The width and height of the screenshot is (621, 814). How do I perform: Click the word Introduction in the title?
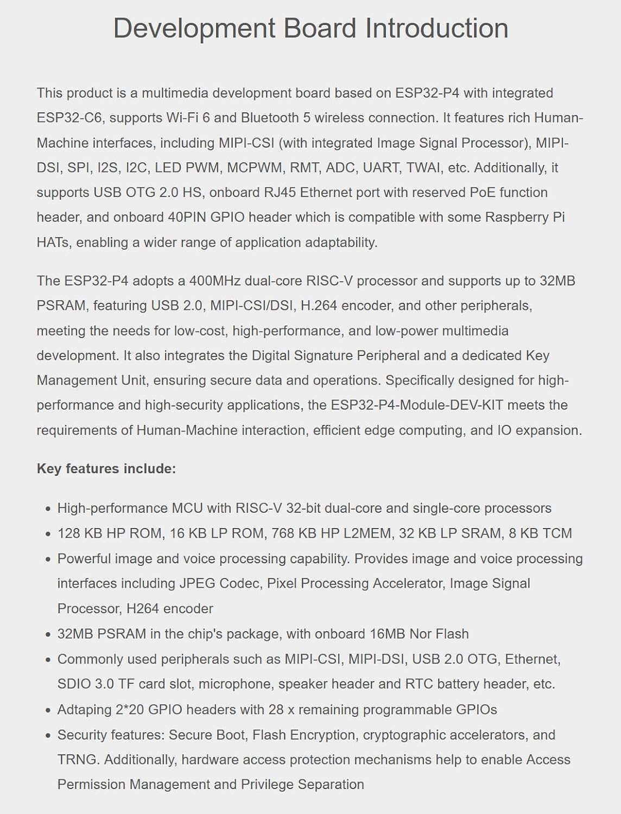[436, 28]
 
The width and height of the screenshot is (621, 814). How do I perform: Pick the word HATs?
[53, 243]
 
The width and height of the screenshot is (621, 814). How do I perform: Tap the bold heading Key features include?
[106, 469]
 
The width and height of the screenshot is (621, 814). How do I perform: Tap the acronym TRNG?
[77, 760]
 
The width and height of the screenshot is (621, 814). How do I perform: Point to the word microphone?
[234, 684]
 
